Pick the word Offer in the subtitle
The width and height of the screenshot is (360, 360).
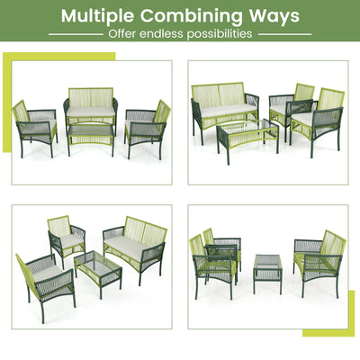[x=123, y=34]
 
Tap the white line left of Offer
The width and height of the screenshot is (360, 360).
[x=76, y=34]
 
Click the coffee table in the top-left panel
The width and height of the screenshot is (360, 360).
[x=91, y=133]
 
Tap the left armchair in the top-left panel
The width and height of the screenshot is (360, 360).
[x=33, y=124]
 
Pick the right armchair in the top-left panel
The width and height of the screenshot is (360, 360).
[x=148, y=124]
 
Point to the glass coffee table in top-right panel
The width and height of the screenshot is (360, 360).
[x=247, y=131]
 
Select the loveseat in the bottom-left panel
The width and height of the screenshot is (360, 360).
[x=135, y=245]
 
